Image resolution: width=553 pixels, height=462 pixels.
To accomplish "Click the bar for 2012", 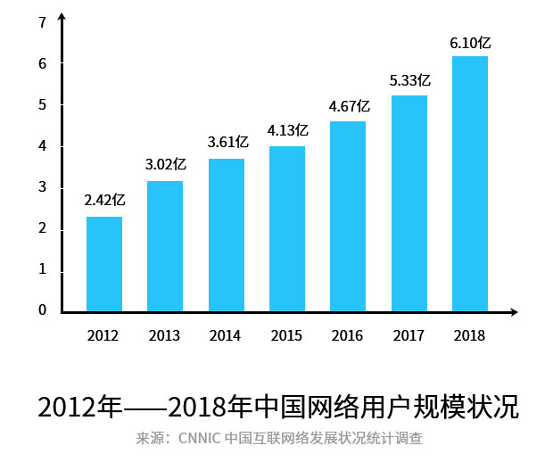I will click(x=104, y=264).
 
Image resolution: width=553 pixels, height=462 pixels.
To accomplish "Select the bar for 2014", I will click(x=227, y=235).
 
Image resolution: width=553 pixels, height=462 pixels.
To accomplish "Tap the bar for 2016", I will click(x=348, y=217).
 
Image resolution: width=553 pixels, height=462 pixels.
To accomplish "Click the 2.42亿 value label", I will click(x=104, y=200).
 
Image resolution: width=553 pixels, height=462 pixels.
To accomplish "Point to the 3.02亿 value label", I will click(x=166, y=164).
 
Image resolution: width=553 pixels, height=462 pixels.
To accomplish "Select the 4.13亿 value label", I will click(x=287, y=130).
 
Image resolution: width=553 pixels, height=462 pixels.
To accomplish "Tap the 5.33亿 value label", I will click(x=409, y=80).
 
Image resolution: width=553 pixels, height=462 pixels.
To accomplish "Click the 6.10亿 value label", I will click(x=470, y=41).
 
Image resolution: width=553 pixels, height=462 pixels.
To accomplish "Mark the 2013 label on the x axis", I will click(x=165, y=336).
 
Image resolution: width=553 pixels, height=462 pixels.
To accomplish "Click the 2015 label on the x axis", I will click(x=287, y=336).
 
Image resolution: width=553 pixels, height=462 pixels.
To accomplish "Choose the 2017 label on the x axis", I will click(x=409, y=336).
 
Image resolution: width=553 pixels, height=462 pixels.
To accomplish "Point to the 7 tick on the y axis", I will click(x=42, y=22).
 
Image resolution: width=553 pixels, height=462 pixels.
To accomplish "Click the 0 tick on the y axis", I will click(x=42, y=310).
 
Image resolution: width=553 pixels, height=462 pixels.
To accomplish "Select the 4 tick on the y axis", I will click(x=42, y=146).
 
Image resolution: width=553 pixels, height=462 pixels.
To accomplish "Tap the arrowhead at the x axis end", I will click(x=512, y=312).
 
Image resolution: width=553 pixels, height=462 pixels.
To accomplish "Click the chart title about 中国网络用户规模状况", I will click(x=277, y=406).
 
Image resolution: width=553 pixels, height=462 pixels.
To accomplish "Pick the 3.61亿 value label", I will click(x=227, y=142).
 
